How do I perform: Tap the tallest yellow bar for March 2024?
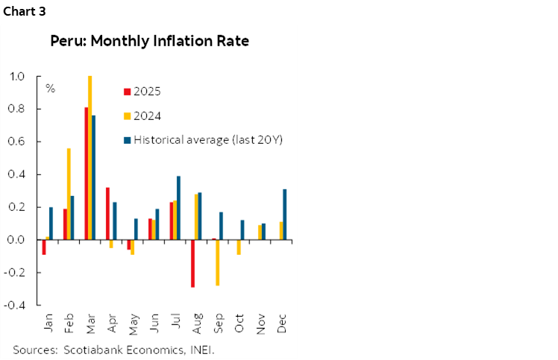click(x=90, y=157)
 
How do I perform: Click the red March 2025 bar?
click(x=87, y=173)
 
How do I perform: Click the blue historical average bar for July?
click(x=178, y=207)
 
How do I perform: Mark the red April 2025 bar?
click(x=107, y=213)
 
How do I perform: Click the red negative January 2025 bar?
click(x=44, y=247)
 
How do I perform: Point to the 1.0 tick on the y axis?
click(x=16, y=76)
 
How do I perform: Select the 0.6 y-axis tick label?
click(x=16, y=142)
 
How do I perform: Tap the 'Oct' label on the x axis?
click(x=239, y=326)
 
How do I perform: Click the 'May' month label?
click(x=133, y=326)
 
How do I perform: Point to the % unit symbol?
click(x=50, y=89)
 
